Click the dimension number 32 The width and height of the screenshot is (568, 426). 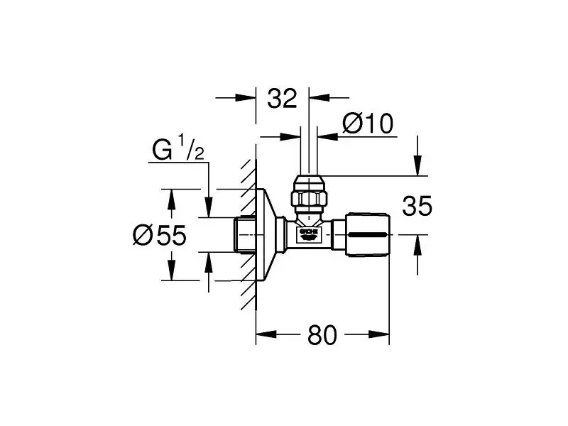click(282, 99)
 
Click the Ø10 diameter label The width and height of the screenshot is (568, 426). click(367, 124)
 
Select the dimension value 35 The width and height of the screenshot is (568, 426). click(417, 207)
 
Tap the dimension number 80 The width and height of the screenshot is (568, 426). click(323, 335)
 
